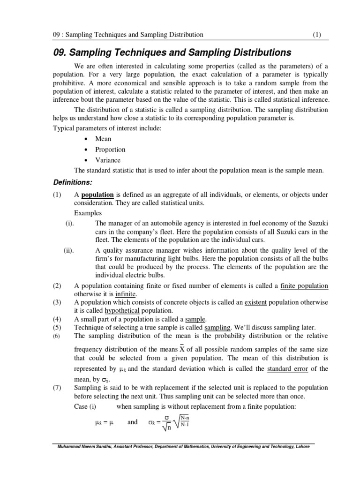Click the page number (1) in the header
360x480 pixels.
(317, 35)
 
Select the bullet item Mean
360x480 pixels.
(103, 139)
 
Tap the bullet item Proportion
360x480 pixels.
(110, 150)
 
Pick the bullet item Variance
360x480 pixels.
(108, 160)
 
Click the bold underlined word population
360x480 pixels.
(97, 195)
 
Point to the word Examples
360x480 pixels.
(88, 213)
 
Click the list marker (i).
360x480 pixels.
(70, 224)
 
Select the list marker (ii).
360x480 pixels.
(69, 250)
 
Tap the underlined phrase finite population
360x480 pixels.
(304, 286)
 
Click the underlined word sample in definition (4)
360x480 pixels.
(196, 319)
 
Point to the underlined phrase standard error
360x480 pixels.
(287, 368)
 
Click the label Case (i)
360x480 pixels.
(85, 406)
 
